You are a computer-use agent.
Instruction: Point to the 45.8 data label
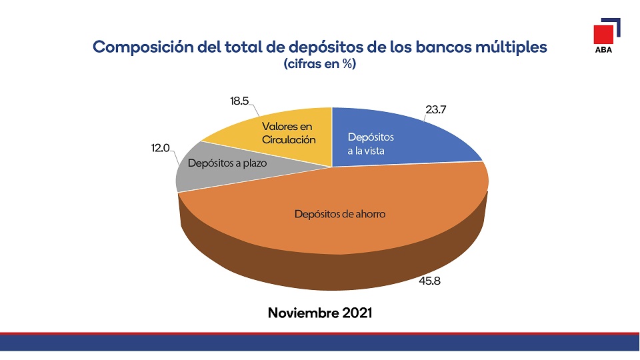pos(429,281)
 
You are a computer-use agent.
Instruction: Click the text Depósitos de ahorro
pos(340,215)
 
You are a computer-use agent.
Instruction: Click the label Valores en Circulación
pos(287,133)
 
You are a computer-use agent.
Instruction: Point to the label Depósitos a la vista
pos(371,144)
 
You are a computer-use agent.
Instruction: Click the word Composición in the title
pos(137,48)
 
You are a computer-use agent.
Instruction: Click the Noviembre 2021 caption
pos(319,313)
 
